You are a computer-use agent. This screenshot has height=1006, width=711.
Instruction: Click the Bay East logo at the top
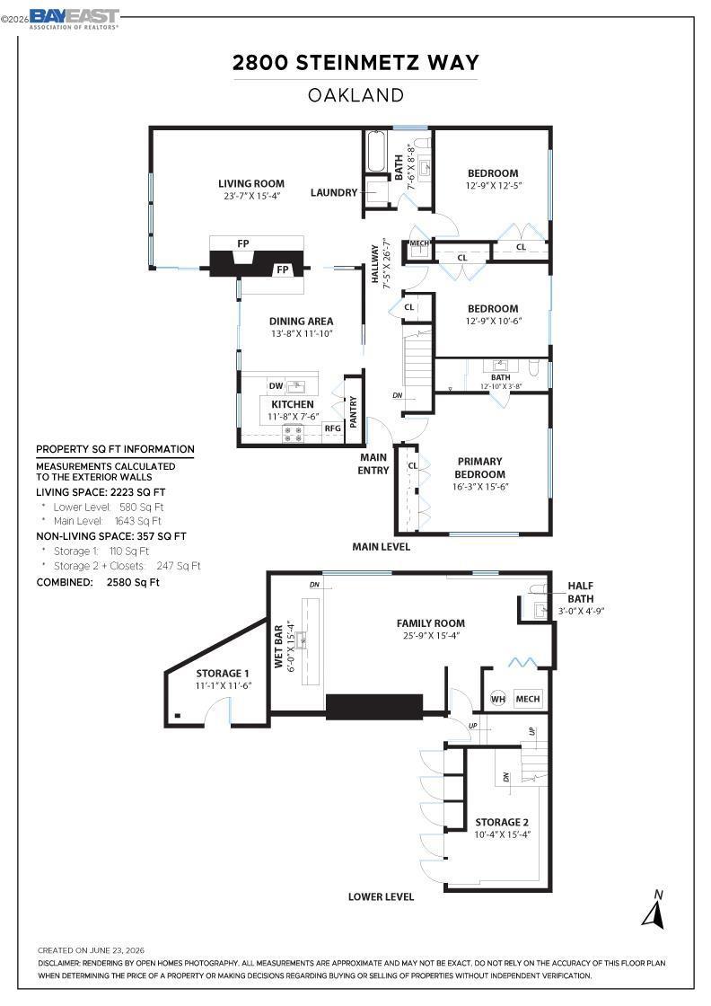(75, 19)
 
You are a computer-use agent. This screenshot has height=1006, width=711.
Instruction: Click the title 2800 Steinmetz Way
(355, 63)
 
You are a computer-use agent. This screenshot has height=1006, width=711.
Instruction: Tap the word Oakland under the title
(355, 95)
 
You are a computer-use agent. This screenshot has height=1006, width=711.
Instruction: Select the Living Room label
(251, 183)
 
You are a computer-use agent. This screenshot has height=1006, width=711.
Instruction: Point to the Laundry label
(333, 192)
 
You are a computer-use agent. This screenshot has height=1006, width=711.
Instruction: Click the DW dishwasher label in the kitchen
(276, 386)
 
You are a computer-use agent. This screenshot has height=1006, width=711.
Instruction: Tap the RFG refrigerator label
(332, 428)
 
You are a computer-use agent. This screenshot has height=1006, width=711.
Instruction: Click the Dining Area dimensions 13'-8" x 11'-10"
(302, 333)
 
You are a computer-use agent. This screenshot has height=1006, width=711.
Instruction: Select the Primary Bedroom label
(479, 468)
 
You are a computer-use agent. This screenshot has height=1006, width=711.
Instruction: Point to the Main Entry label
(373, 463)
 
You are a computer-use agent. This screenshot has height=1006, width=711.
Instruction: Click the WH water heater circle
(498, 699)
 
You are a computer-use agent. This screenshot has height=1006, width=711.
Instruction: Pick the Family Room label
(431, 623)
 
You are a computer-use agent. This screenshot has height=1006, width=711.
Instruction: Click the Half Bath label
(580, 592)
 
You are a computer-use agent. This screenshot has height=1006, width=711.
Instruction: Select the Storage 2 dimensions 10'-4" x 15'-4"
(503, 834)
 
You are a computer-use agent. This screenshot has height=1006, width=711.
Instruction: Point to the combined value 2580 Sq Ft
(133, 583)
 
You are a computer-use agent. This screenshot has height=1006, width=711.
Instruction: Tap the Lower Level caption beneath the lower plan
(381, 897)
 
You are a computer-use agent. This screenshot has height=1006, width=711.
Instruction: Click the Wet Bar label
(279, 647)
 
